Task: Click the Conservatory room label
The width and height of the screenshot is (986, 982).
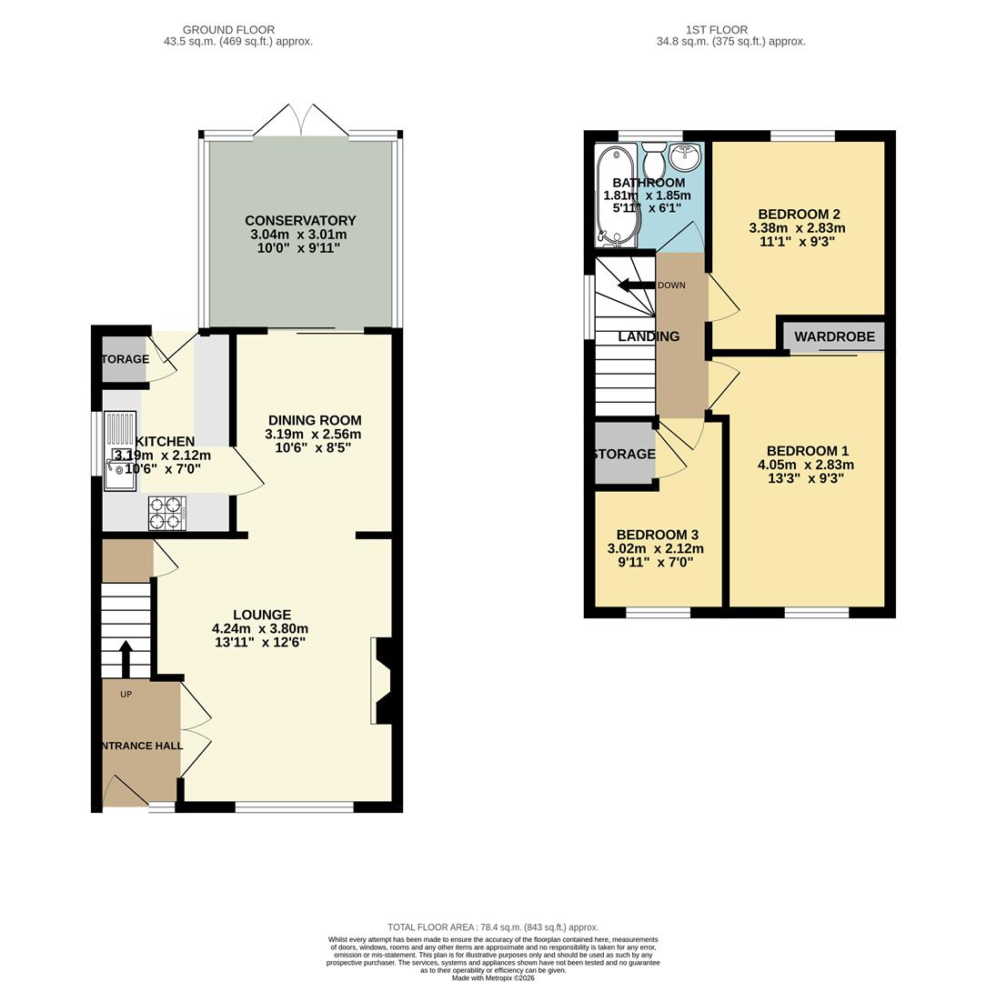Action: (x=300, y=221)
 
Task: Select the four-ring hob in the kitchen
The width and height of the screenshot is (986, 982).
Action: (x=167, y=513)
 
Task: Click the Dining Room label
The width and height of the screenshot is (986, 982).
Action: (x=314, y=420)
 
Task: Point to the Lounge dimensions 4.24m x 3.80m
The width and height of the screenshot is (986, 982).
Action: (x=260, y=628)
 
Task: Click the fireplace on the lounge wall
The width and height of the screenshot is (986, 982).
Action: (x=382, y=681)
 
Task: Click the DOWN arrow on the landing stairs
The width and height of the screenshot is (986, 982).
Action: (x=637, y=286)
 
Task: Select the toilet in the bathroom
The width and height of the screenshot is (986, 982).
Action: (x=653, y=163)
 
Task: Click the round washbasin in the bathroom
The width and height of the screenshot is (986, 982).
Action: (x=684, y=158)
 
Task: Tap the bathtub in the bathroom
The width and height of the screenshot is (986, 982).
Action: (x=607, y=195)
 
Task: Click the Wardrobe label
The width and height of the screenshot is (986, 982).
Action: (x=834, y=336)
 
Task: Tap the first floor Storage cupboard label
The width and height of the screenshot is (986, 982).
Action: (x=623, y=454)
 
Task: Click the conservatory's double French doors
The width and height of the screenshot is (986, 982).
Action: (x=300, y=121)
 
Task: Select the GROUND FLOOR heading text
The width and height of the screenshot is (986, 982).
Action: (x=228, y=30)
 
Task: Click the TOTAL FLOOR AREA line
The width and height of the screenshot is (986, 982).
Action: (x=492, y=927)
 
